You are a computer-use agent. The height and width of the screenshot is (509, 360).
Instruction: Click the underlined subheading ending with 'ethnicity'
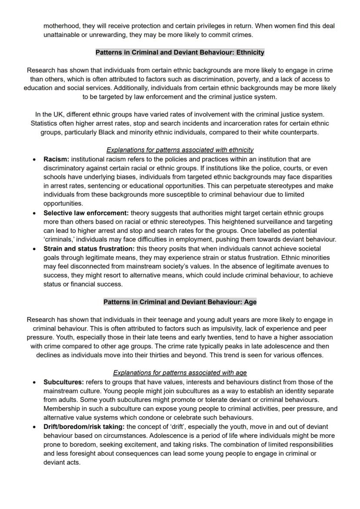pyautogui.click(x=180, y=150)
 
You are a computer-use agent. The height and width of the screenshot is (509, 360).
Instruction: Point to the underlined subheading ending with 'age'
pyautogui.click(x=180, y=373)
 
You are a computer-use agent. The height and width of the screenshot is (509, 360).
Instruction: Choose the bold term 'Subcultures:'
pyautogui.click(x=63, y=382)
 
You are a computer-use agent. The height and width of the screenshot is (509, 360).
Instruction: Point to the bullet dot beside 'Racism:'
pyautogui.click(x=34, y=160)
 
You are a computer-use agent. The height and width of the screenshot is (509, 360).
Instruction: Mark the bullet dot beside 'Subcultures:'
pyautogui.click(x=34, y=383)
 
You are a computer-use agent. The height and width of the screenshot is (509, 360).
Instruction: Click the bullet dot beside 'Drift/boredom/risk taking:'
pyautogui.click(x=34, y=427)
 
